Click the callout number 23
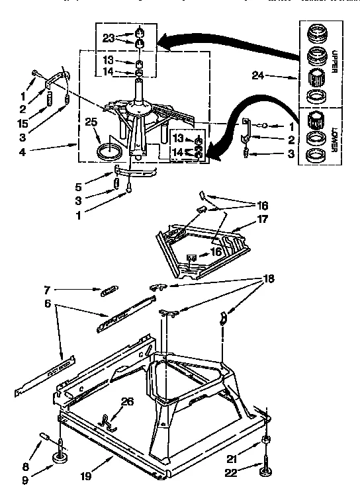coord(108,38)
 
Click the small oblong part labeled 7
coord(109,292)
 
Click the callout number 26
coord(128,401)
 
